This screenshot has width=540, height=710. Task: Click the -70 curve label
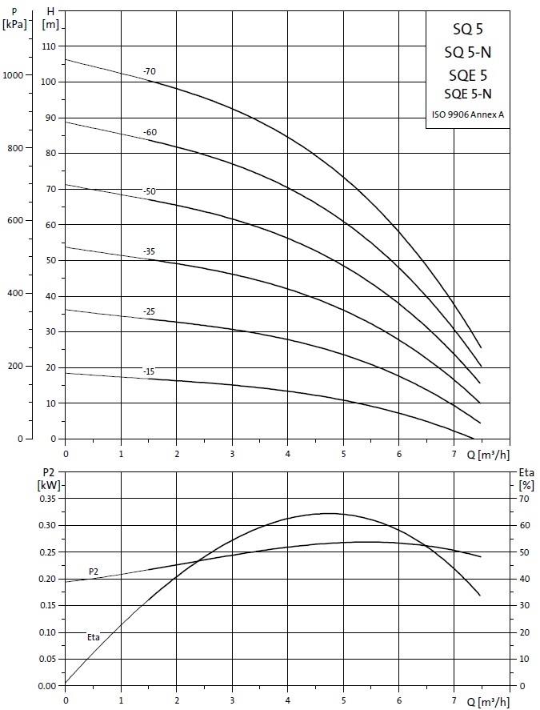[x=150, y=72]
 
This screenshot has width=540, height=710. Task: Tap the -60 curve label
[x=150, y=132]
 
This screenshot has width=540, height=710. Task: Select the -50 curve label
[x=150, y=191]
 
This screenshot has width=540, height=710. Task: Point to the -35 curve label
[x=150, y=252]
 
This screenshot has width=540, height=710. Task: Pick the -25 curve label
[x=150, y=311]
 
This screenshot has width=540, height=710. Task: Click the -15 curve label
[x=150, y=371]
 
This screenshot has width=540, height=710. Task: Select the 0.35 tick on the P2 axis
[x=48, y=499]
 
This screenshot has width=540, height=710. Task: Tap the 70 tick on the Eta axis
[x=524, y=499]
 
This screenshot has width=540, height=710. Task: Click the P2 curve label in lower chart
[x=94, y=572]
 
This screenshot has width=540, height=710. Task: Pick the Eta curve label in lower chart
[x=94, y=637]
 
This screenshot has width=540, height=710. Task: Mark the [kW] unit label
[x=49, y=484]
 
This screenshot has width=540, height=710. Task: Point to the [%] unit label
[x=526, y=484]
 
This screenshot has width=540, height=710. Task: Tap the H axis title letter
[x=51, y=10]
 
